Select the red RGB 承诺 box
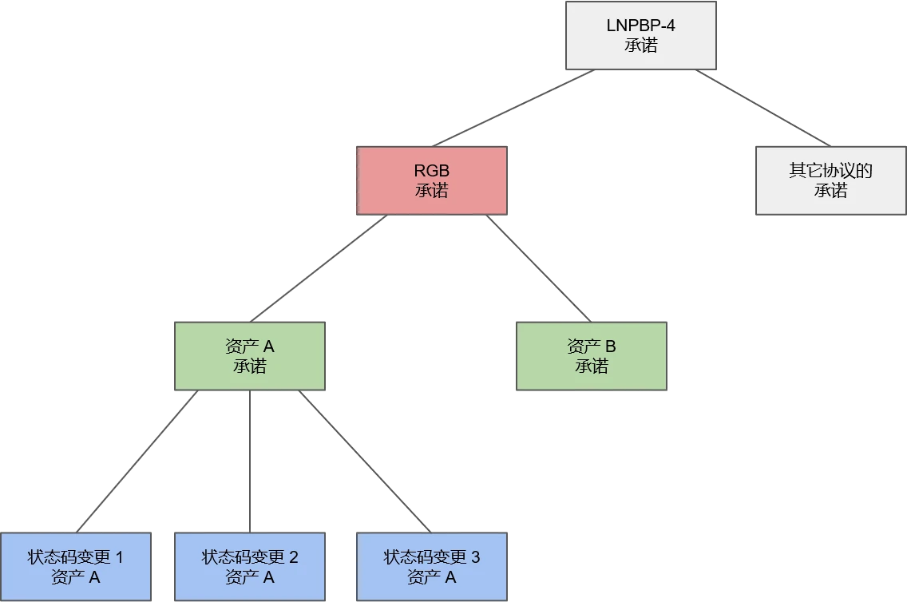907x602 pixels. (x=431, y=180)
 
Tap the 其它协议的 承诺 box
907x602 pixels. (x=830, y=180)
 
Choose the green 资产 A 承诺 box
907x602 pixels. (x=249, y=356)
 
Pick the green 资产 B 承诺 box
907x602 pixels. (x=592, y=356)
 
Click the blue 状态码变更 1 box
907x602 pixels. (x=76, y=566)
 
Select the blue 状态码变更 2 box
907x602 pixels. (x=250, y=566)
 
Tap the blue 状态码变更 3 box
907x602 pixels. (x=431, y=566)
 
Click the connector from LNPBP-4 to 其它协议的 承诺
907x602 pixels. (x=751, y=106)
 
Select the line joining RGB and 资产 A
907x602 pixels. (x=319, y=267)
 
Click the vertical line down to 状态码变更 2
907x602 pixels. (x=252, y=461)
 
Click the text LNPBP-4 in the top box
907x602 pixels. (x=640, y=26)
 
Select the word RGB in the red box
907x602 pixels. (x=431, y=171)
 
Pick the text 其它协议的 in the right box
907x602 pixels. (x=830, y=171)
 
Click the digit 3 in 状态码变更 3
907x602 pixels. (x=476, y=557)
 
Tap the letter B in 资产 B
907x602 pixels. (x=611, y=347)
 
